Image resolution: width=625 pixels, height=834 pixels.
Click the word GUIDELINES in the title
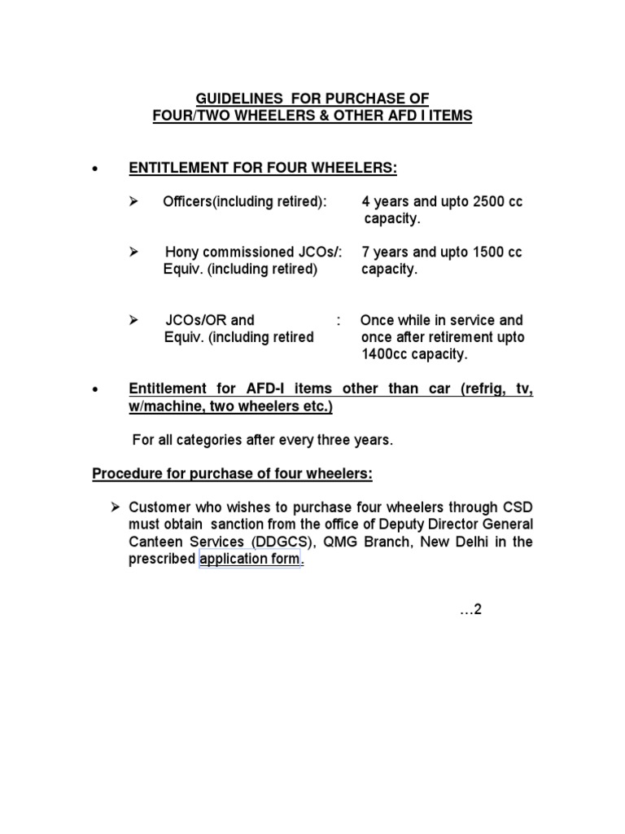[236, 99]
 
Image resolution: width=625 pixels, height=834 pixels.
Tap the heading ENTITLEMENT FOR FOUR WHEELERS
[263, 168]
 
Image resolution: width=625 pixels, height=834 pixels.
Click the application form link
[250, 560]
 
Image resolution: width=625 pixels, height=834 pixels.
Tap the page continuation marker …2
[471, 610]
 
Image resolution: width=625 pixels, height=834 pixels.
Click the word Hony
[182, 252]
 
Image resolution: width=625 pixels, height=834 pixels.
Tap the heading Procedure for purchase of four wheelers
[233, 474]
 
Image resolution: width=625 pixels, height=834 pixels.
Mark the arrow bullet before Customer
[116, 507]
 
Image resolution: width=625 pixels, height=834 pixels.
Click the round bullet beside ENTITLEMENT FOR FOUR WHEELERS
[97, 169]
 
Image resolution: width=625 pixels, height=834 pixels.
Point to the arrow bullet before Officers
[135, 202]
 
